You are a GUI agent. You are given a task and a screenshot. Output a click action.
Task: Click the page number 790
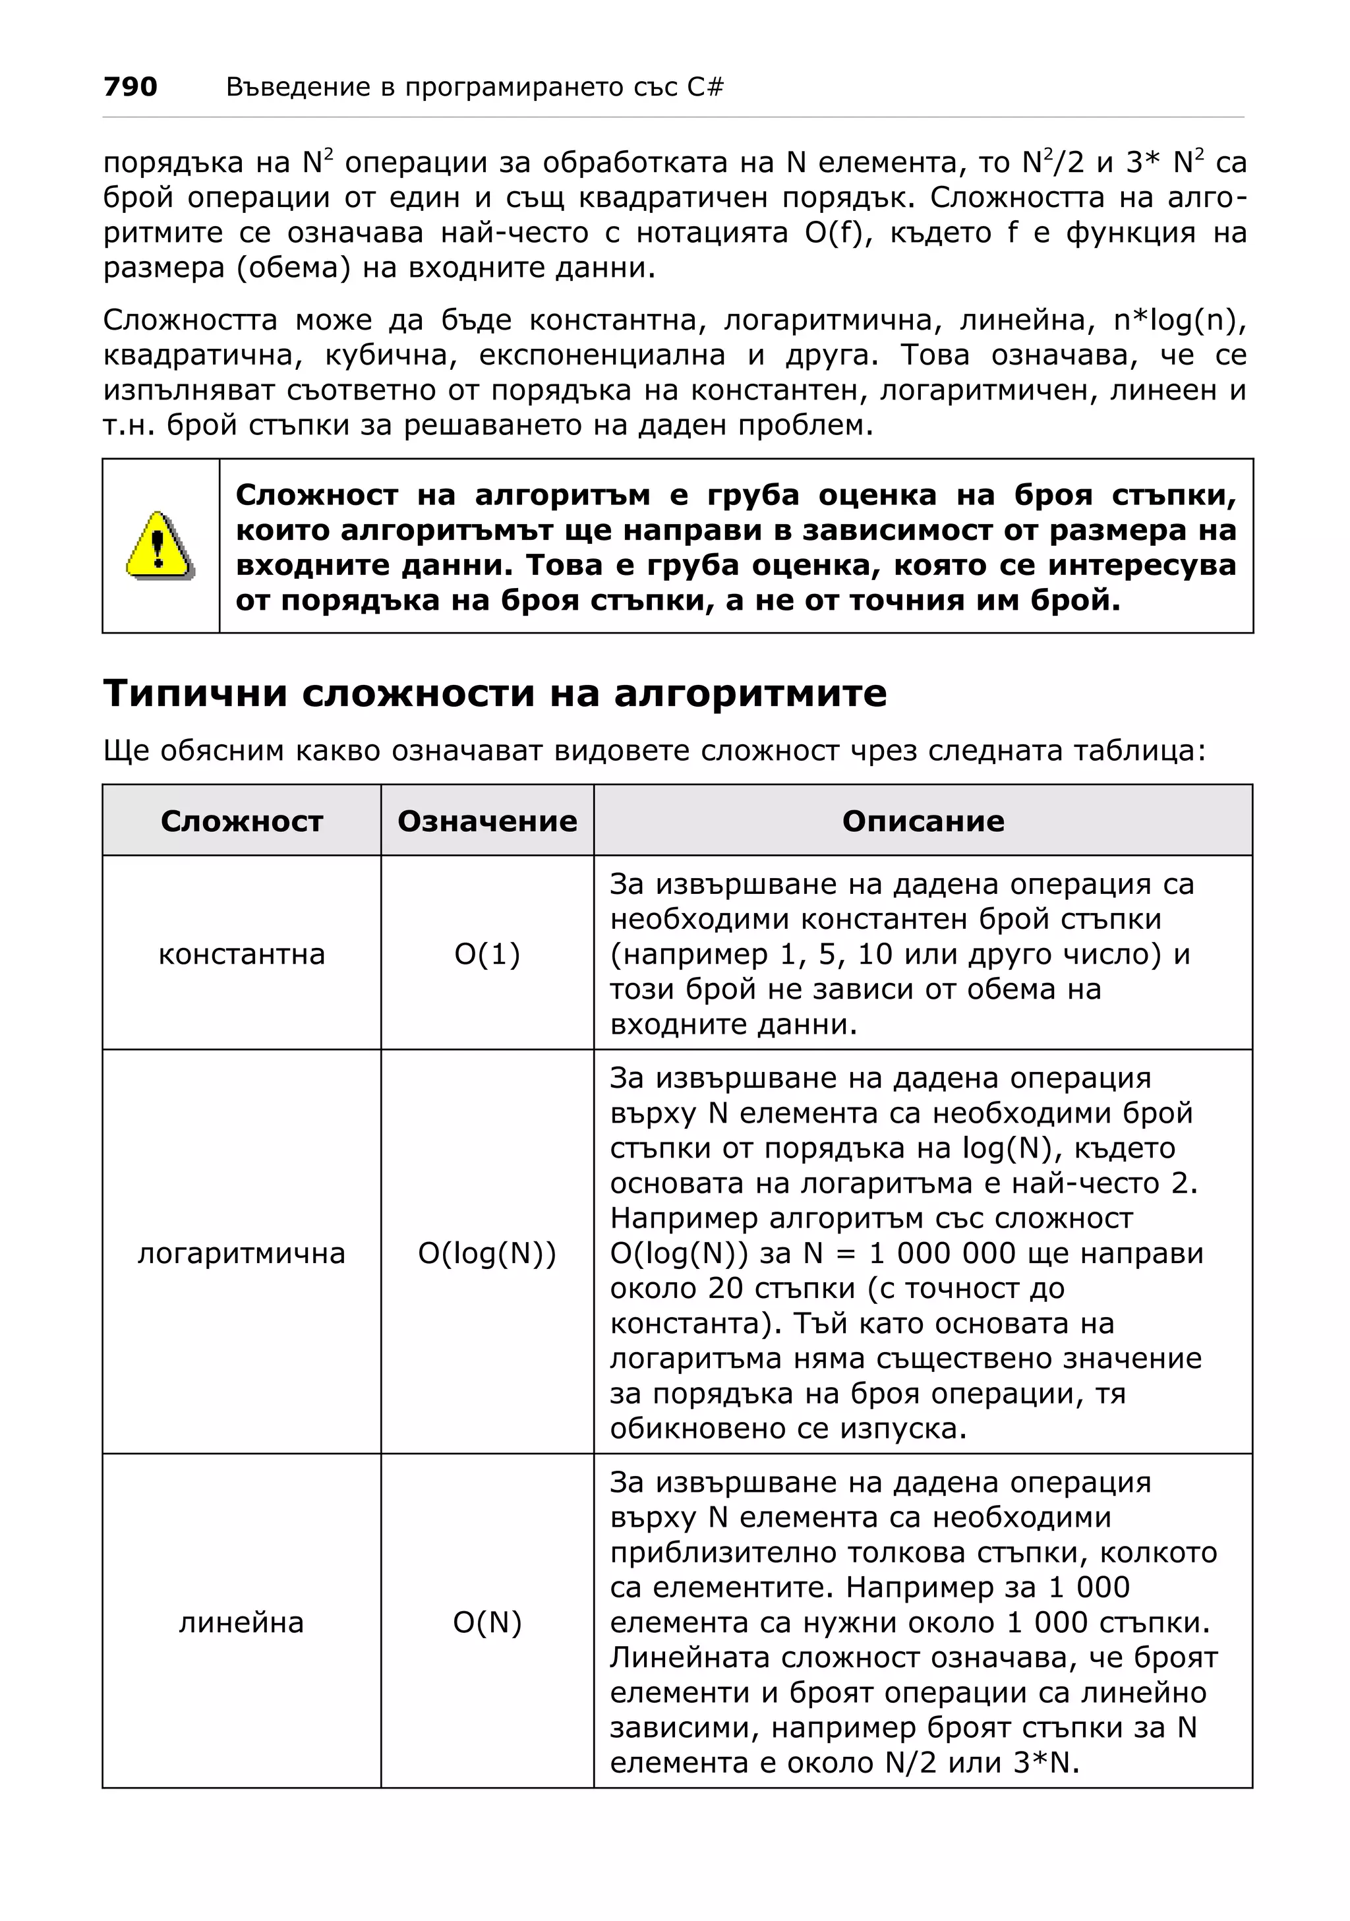point(130,86)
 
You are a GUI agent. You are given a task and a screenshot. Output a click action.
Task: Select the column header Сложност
point(242,821)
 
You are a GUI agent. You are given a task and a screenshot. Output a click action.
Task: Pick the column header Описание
point(923,821)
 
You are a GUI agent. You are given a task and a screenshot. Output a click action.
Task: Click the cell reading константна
point(242,954)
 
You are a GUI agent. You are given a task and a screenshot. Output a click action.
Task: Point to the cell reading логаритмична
point(242,1253)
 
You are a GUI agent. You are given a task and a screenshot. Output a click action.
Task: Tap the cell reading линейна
point(242,1623)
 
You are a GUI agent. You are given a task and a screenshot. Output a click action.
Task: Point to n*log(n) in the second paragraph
point(1179,320)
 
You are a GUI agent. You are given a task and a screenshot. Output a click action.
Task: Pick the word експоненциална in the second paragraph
point(602,355)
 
